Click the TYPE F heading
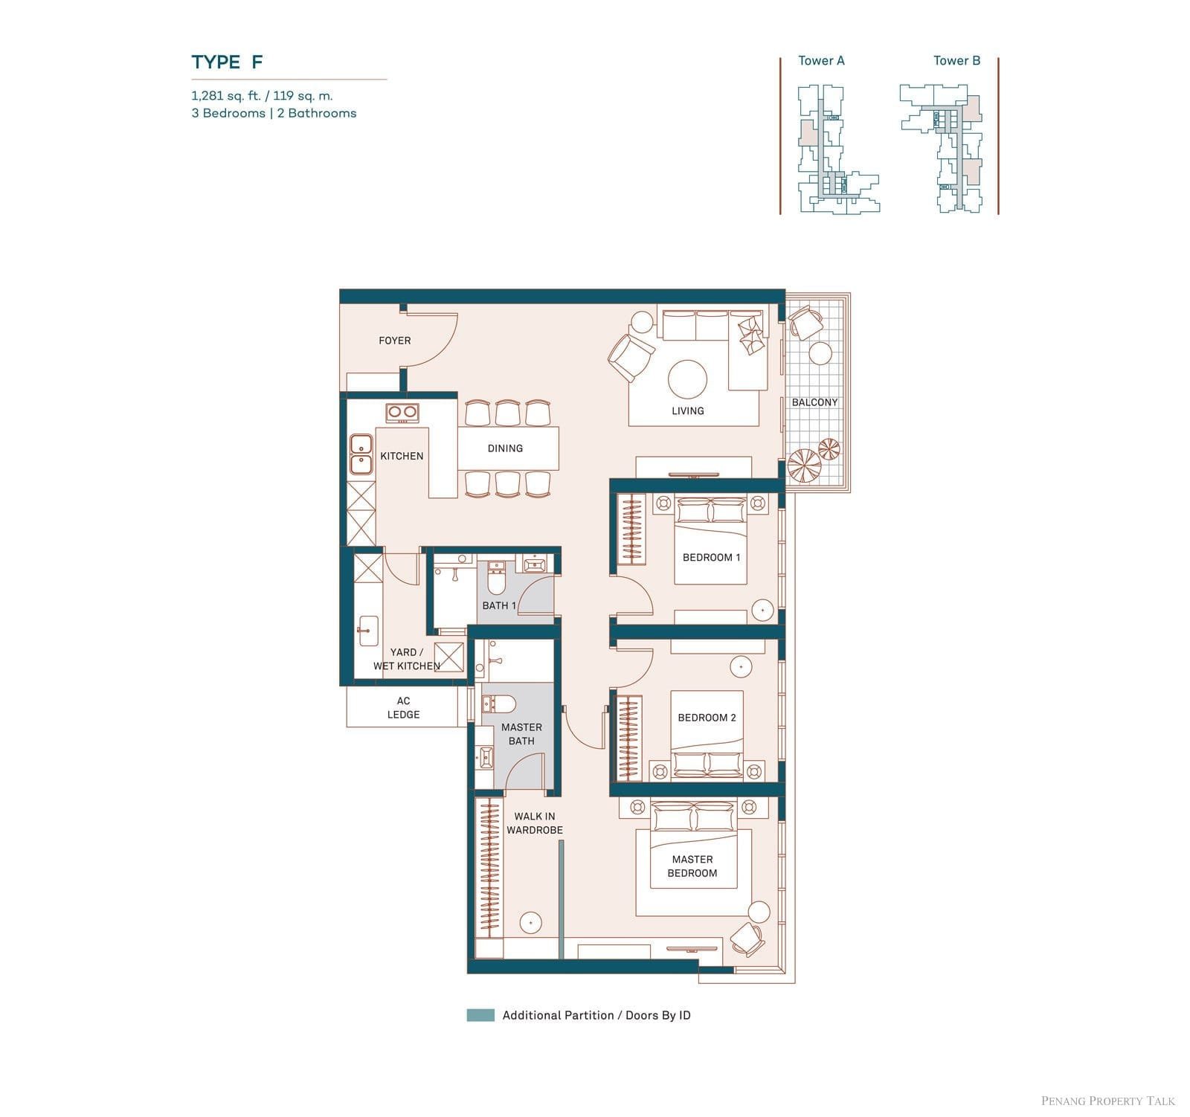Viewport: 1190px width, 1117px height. (227, 62)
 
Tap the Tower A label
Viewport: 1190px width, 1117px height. (821, 61)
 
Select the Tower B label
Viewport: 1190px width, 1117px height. (956, 61)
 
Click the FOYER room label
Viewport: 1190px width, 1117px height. (394, 341)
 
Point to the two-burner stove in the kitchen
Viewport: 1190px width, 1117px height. (402, 412)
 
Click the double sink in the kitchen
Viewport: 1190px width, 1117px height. (361, 454)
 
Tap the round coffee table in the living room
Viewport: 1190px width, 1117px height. (687, 379)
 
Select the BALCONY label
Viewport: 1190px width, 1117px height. (814, 402)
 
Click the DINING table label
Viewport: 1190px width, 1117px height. (505, 448)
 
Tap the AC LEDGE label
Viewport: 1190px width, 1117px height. (403, 707)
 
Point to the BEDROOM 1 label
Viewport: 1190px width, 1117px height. (711, 558)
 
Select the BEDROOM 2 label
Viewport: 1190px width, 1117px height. (707, 718)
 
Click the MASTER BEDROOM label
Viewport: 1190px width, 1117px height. (692, 866)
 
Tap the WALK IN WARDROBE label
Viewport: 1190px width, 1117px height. (535, 823)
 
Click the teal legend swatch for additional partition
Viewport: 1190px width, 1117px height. (480, 1015)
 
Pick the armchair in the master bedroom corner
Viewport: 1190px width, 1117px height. (747, 939)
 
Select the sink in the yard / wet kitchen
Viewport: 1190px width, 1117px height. (367, 631)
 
